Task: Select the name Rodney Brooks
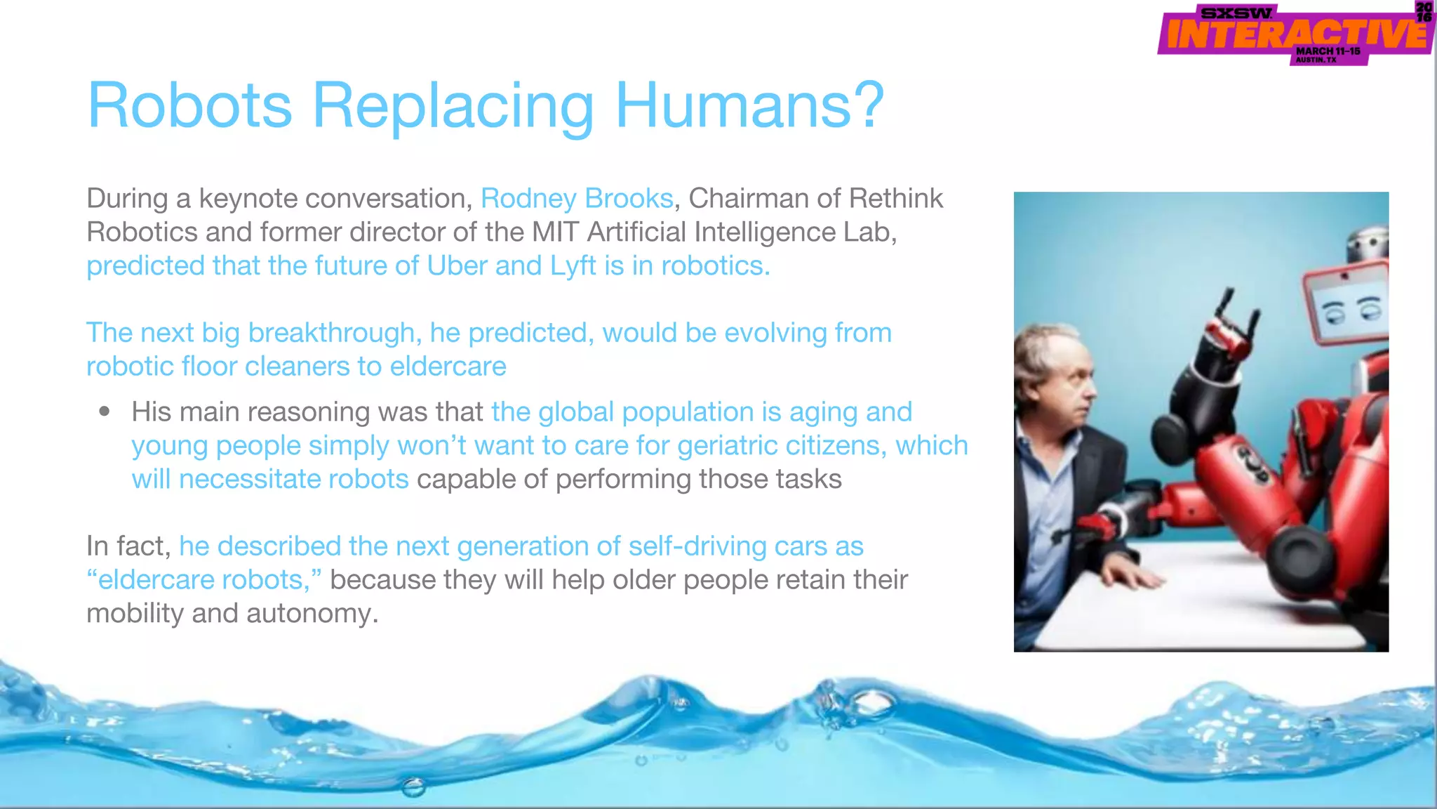point(577,199)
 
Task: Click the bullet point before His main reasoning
point(105,412)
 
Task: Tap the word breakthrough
point(334,333)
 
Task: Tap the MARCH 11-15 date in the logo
point(1328,51)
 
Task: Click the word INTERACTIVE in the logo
point(1295,34)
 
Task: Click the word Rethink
point(896,199)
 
